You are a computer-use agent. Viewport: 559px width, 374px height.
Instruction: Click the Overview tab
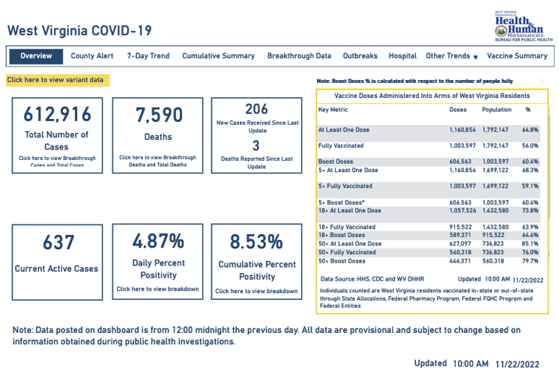pos(36,56)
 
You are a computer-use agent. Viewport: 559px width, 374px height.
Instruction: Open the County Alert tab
pos(92,56)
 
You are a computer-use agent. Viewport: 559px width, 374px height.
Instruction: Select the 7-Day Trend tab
pos(148,56)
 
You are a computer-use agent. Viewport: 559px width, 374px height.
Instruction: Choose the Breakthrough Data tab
pos(299,56)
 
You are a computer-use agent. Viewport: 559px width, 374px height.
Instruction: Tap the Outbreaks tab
pos(360,56)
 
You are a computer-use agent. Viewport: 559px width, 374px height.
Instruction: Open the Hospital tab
pos(402,56)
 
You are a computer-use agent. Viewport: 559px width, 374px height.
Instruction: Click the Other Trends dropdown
pos(451,56)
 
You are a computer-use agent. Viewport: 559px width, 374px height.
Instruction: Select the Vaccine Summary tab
pos(517,56)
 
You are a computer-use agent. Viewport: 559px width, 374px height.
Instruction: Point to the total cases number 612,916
pos(58,114)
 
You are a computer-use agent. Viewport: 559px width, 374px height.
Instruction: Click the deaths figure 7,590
pos(158,115)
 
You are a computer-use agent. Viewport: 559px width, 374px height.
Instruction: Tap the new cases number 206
pos(256,109)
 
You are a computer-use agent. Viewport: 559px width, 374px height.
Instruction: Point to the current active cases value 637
pos(58,243)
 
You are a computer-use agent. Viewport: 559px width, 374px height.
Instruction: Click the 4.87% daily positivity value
pos(158,242)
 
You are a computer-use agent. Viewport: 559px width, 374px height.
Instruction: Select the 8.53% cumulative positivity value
pos(256,242)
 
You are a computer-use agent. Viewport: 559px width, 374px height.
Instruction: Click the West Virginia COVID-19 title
pos(79,31)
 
